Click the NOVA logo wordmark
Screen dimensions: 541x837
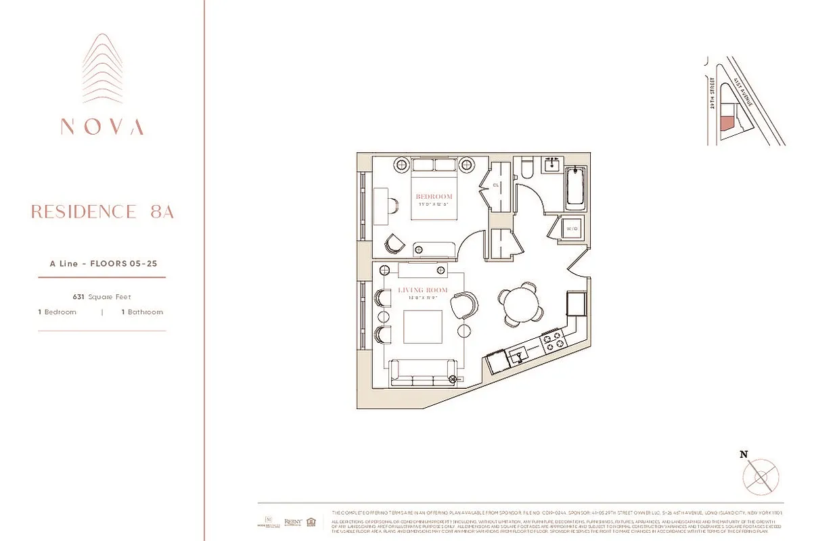coord(102,126)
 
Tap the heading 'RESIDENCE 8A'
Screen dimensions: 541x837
coord(102,212)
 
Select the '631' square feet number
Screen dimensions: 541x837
coord(79,297)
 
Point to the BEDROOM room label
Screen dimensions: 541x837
coord(434,197)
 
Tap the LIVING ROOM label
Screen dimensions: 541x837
coord(423,290)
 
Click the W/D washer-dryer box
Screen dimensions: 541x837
coord(572,229)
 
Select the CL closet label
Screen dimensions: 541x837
coord(495,185)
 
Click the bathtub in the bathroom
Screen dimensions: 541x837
coord(576,187)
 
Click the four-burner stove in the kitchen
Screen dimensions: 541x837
coord(552,340)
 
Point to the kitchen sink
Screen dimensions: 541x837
coord(520,354)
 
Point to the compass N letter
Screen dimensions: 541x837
coord(744,454)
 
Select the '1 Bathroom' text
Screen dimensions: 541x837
coord(142,312)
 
